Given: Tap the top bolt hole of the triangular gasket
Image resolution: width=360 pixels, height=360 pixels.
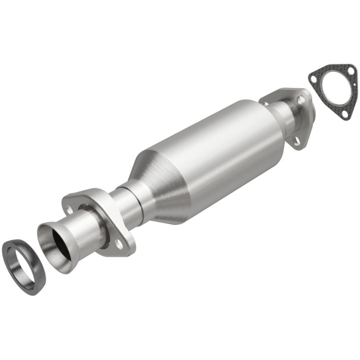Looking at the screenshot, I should (347, 69).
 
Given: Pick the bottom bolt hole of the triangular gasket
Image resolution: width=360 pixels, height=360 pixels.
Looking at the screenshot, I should (344, 114).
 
